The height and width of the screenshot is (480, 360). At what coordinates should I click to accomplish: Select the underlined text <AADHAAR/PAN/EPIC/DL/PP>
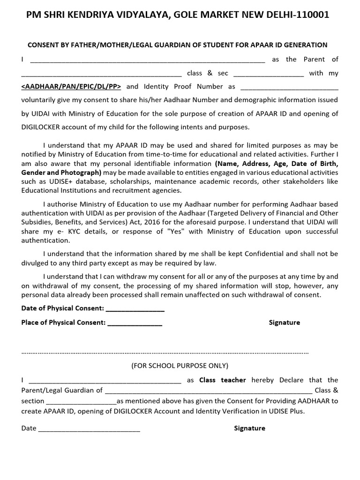[x=72, y=86]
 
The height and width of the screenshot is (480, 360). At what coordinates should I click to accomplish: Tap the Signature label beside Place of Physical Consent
[x=284, y=322]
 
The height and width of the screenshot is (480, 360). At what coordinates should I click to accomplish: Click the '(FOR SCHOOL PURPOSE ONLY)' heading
[x=180, y=366]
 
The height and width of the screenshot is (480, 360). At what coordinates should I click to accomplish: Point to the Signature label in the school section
[x=249, y=428]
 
